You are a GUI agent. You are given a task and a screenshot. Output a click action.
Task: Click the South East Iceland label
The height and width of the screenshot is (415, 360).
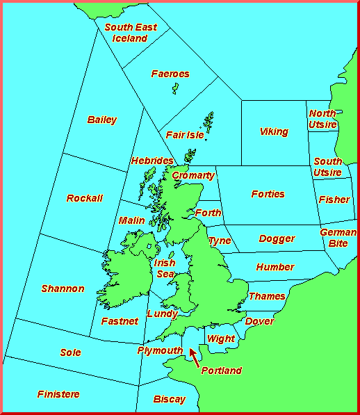point(130,33)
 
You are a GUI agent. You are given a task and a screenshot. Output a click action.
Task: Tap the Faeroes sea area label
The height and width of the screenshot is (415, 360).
point(170,74)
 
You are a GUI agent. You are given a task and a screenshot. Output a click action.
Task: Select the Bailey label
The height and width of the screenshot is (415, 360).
point(102,120)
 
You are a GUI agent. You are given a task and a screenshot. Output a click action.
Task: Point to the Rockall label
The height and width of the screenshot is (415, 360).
point(84,198)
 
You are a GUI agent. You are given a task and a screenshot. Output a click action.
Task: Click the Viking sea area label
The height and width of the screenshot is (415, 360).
point(274,131)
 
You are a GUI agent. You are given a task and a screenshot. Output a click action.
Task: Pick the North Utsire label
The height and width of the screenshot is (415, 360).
point(322,119)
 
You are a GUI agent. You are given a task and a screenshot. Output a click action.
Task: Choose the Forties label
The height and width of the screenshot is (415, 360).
point(268,194)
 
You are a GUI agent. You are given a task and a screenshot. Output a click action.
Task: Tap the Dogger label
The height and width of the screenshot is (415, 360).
point(277,238)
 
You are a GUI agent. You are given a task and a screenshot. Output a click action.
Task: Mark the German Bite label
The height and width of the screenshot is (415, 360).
point(338,238)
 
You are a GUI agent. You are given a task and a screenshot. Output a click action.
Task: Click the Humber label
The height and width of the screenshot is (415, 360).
point(275,267)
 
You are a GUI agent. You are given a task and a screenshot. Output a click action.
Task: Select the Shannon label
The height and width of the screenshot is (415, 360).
point(63,288)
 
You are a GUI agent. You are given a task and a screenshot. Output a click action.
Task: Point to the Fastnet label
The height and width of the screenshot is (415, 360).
point(119,321)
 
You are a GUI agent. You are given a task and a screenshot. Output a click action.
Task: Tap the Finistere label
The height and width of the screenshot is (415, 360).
point(58,394)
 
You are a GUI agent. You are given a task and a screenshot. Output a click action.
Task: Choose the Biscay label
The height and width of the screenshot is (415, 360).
point(170,399)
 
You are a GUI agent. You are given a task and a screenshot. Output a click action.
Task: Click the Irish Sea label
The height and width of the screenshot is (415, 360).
point(165,268)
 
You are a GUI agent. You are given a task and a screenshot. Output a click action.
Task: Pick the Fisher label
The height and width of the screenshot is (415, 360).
point(334,200)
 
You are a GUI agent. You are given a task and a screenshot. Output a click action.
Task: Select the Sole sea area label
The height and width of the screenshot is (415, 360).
point(70,352)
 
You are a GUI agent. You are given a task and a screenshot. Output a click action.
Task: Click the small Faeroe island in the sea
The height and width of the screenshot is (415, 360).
point(175,88)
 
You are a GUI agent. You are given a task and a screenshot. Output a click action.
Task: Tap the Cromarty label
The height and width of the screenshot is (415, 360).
point(193,175)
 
